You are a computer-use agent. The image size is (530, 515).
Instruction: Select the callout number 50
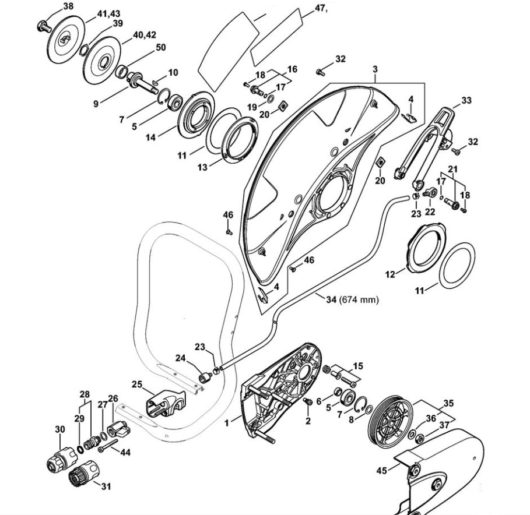(160, 47)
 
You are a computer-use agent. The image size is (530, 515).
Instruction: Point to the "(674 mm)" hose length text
(359, 299)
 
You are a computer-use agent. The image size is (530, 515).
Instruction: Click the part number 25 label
(137, 385)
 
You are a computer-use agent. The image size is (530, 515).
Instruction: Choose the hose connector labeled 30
(62, 458)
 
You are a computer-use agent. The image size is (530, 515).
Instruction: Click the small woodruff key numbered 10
(156, 81)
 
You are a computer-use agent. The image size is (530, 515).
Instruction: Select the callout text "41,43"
(108, 14)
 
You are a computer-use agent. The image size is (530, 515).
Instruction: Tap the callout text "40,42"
(145, 35)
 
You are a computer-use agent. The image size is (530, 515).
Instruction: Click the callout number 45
(382, 470)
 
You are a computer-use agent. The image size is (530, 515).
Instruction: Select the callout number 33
(466, 100)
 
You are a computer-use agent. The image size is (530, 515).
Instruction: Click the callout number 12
(390, 274)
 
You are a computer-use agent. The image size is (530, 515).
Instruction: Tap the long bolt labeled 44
(108, 446)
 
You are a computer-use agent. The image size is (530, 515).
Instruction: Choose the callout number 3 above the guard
(375, 69)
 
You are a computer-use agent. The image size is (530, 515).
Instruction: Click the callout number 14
(150, 137)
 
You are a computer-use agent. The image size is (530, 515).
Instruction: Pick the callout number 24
(180, 358)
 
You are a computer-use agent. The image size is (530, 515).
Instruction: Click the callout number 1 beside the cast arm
(227, 422)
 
